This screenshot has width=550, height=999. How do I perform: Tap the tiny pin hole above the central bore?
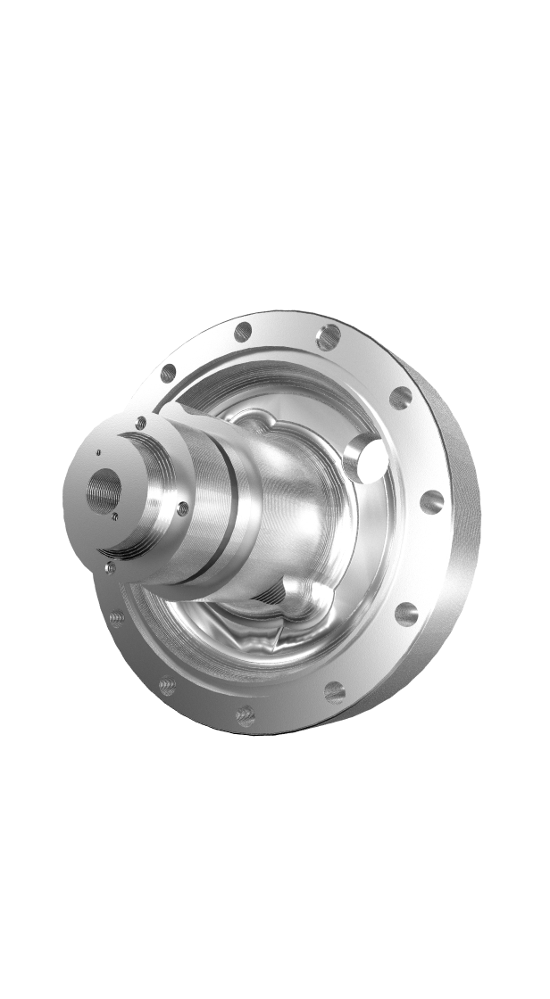tap(97, 453)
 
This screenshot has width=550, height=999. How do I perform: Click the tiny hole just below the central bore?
tap(115, 516)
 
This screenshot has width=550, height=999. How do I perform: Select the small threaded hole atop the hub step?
tap(141, 422)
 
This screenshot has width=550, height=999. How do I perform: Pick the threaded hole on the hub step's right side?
tap(183, 508)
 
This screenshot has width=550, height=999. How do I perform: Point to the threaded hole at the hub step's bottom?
tap(109, 566)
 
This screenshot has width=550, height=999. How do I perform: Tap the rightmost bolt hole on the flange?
tap(431, 501)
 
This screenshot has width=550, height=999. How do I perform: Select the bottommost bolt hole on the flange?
tap(246, 714)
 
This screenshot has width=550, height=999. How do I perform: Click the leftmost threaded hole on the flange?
tap(116, 616)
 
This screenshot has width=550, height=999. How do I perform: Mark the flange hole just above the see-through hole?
tap(400, 398)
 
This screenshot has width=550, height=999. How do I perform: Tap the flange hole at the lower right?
tap(406, 614)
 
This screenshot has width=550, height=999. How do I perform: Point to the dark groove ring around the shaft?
tap(230, 526)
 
